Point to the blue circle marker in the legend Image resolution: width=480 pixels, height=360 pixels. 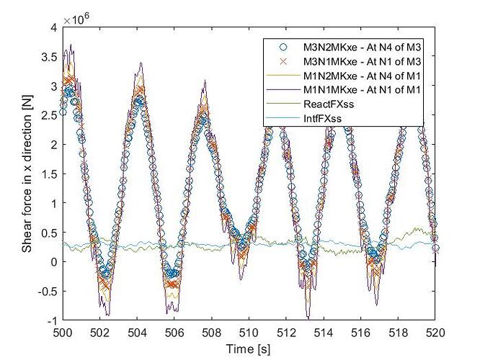coord(285,47)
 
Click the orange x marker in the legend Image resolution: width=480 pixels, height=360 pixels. coord(285,61)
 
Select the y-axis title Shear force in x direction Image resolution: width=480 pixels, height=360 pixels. coord(28,173)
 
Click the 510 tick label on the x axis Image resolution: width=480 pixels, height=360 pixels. coord(249,331)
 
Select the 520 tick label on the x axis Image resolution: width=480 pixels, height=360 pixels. coord(435,331)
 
